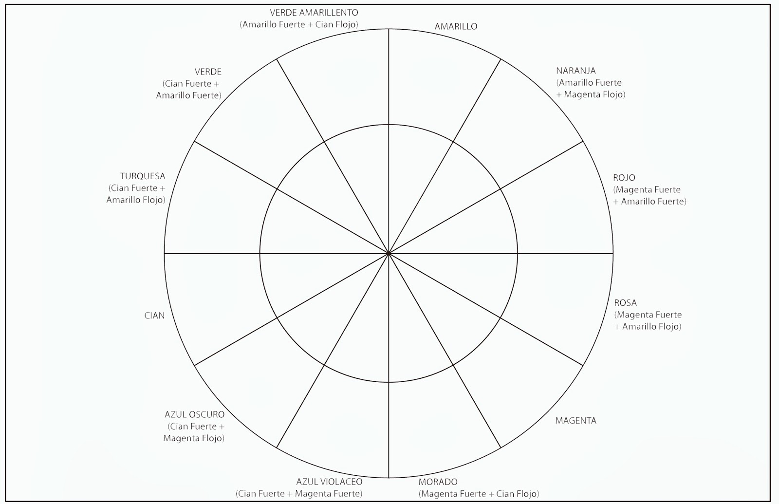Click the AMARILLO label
(456, 27)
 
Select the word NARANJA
(575, 71)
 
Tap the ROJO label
(624, 178)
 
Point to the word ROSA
(625, 303)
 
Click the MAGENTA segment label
(575, 421)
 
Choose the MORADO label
(438, 482)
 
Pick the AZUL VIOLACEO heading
(329, 482)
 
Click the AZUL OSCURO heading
(194, 415)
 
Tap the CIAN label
(154, 316)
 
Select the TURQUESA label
(143, 176)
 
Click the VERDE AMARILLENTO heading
(314, 13)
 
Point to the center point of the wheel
(389, 253)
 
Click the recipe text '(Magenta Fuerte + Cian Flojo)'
(479, 494)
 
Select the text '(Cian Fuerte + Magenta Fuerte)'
(299, 494)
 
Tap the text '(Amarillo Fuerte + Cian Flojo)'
(299, 24)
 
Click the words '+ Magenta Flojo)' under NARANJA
(591, 94)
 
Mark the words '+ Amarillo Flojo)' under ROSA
(648, 326)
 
